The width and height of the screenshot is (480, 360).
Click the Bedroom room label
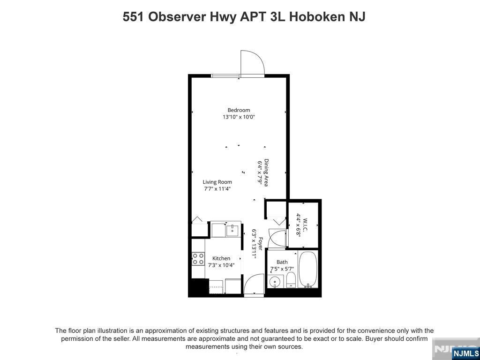[239, 110]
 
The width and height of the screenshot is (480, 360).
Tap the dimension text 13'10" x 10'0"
[239, 117]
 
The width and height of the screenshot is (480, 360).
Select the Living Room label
[217, 182]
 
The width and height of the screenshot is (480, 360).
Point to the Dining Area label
[266, 172]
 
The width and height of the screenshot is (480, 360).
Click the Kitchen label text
[221, 258]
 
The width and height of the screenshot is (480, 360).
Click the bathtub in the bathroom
[308, 270]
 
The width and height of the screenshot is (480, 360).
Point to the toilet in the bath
[291, 280]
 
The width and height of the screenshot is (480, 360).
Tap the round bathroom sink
[275, 282]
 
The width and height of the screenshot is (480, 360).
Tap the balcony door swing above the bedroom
[252, 63]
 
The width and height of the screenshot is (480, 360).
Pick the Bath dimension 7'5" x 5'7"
[282, 269]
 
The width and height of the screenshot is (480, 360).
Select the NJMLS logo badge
[465, 353]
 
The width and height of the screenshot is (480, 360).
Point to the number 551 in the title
[134, 16]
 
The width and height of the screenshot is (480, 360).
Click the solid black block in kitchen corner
[198, 286]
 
